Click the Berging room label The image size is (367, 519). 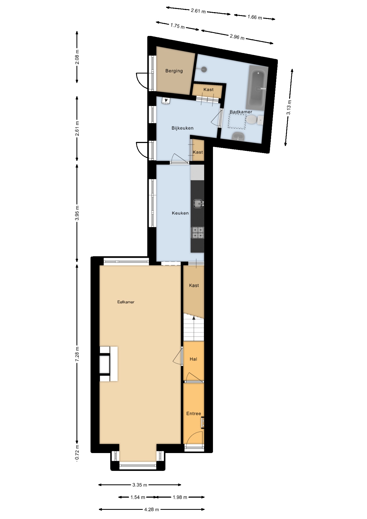pos(174,71)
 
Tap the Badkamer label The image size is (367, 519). pos(241,112)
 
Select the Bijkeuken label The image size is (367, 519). pos(182,128)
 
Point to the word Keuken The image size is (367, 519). pos(180,213)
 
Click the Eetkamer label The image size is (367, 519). pos(126,302)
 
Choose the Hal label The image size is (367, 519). pos(193,359)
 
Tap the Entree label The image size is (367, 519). pos(193,414)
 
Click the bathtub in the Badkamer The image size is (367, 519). pos(257,88)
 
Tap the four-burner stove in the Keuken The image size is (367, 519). pos(198,233)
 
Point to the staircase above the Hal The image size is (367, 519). pos(193,327)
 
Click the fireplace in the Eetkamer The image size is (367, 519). pos(109,364)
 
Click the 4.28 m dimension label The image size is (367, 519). pos(151,509)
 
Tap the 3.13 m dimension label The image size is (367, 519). pos(289,108)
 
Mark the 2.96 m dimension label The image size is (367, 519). pos(237,37)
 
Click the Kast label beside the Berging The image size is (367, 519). pos(208,89)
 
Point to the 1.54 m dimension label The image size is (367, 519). pos(138,497)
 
